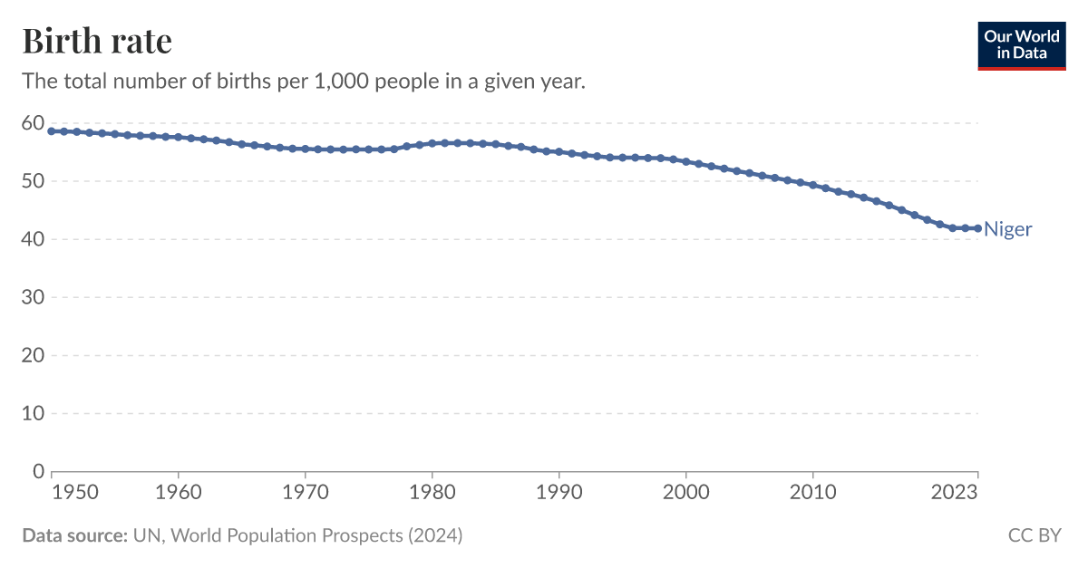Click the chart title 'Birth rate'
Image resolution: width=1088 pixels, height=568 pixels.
[x=97, y=42]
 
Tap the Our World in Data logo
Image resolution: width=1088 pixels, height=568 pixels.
[x=1022, y=45]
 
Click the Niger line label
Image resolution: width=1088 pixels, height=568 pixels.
[x=1007, y=229]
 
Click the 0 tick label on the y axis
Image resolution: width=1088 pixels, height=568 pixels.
[x=38, y=471]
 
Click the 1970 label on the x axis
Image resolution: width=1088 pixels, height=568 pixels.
[x=306, y=493]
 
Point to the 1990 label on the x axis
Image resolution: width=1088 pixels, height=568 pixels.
[x=559, y=493]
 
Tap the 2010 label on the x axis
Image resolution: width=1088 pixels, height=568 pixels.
[x=813, y=493]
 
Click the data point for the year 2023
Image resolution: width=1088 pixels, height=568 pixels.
[x=977, y=228]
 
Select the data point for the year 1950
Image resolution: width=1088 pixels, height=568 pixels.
[x=52, y=131]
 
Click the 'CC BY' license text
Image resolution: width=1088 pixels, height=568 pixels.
[x=1034, y=535]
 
